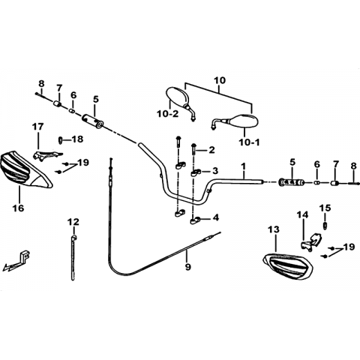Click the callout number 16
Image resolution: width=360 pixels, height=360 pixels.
click(19, 208)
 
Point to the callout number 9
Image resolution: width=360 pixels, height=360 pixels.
click(187, 267)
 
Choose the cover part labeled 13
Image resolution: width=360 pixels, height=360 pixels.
click(287, 266)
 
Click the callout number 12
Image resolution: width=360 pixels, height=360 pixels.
click(73, 222)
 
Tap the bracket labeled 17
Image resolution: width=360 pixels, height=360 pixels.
click(46, 155)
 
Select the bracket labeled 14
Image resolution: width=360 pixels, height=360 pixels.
click(311, 241)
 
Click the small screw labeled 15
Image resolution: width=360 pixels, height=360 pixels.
click(325, 225)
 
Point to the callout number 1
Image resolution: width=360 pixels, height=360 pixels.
click(244, 166)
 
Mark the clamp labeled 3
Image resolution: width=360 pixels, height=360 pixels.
click(196, 172)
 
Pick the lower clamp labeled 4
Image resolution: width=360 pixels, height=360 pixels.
click(196, 220)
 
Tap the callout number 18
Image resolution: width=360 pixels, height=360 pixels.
click(78, 139)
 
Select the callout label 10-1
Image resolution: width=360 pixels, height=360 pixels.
click(249, 142)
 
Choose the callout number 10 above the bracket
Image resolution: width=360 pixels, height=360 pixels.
click(220, 80)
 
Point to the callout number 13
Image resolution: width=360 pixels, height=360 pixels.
click(274, 229)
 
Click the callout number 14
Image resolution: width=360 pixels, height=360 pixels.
click(303, 214)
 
